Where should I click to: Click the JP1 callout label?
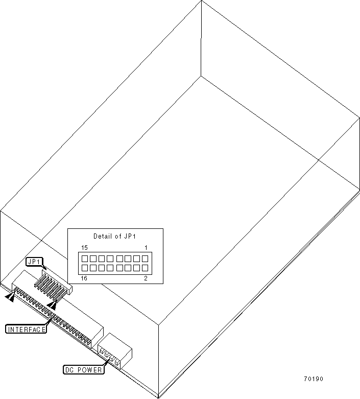click(34, 262)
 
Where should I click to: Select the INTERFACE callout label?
click(26, 330)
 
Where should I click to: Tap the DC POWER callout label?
click(83, 369)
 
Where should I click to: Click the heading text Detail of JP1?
click(115, 236)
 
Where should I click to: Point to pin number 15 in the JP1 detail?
click(84, 248)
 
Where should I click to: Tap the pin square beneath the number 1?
click(145, 259)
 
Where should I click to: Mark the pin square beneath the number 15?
click(84, 259)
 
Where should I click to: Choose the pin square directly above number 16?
click(84, 267)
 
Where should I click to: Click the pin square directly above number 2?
click(145, 267)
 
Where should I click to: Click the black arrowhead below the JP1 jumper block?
click(52, 304)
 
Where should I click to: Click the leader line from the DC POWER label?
click(106, 364)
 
